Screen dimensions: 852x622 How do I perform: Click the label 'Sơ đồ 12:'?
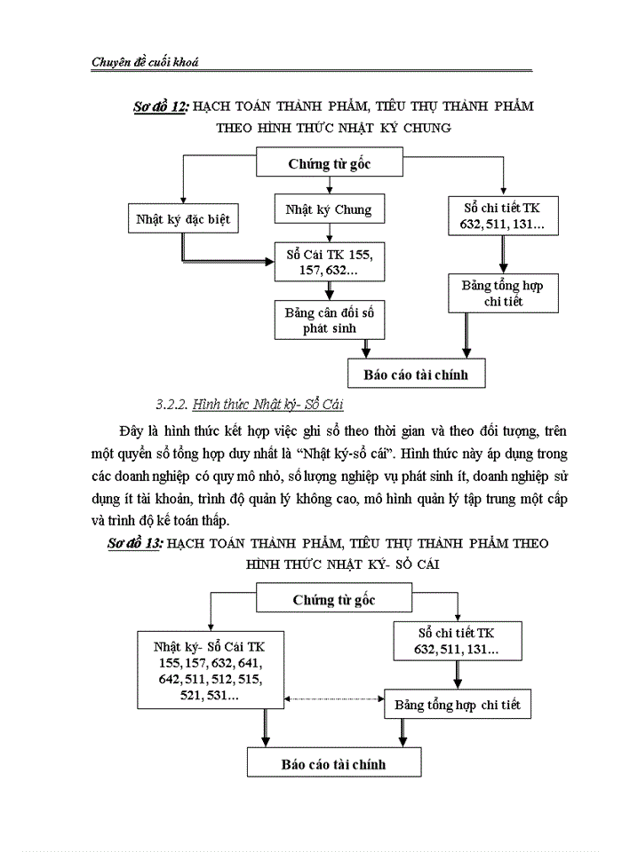(x=158, y=106)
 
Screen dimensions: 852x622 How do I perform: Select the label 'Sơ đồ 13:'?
(x=131, y=542)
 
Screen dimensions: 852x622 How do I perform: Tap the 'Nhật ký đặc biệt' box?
(x=182, y=217)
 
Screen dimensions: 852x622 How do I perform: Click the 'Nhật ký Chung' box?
(x=329, y=210)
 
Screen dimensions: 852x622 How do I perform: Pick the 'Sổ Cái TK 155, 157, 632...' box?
(x=329, y=261)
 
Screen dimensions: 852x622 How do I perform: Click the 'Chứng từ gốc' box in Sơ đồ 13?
(x=334, y=600)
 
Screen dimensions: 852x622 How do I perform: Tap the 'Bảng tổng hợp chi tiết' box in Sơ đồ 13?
(x=458, y=705)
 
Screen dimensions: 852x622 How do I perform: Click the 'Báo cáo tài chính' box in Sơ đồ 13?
(x=333, y=763)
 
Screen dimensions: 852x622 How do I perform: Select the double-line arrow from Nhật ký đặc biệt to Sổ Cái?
(x=222, y=261)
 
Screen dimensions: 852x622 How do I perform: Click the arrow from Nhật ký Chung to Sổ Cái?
(x=330, y=233)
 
